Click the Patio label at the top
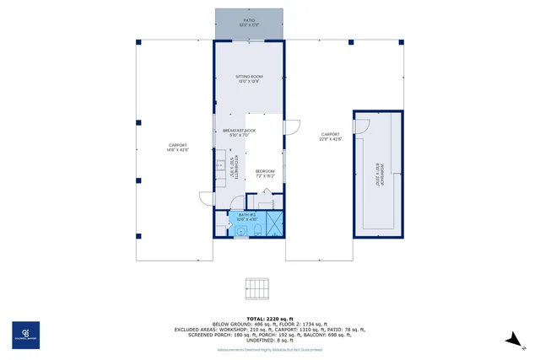click(249, 22)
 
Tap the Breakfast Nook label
click(239, 132)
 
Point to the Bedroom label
click(267, 173)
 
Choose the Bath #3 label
click(247, 218)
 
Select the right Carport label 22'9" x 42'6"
click(330, 137)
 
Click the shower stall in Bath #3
click(274, 223)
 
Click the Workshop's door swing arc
click(362, 126)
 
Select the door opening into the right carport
click(292, 126)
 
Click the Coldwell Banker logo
click(24, 334)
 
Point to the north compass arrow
click(512, 339)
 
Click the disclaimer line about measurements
click(269, 348)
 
